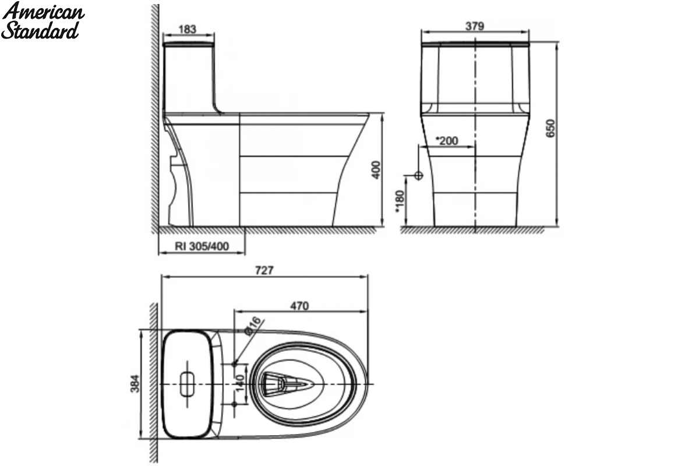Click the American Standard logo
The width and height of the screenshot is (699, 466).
pyautogui.click(x=43, y=20)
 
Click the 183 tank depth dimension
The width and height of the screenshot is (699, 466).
pyautogui.click(x=187, y=29)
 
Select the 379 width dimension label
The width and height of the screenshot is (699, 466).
pyautogui.click(x=475, y=26)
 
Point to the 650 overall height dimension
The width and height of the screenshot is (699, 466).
pyautogui.click(x=551, y=128)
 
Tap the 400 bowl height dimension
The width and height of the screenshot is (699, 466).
pyautogui.click(x=377, y=170)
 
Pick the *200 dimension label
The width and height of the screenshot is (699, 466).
pyautogui.click(x=447, y=141)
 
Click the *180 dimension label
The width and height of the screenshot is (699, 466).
pyautogui.click(x=400, y=202)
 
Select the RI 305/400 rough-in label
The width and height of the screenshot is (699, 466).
pyautogui.click(x=202, y=246)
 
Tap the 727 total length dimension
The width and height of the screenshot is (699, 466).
pyautogui.click(x=264, y=270)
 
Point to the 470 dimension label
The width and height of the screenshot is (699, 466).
pyautogui.click(x=299, y=306)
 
